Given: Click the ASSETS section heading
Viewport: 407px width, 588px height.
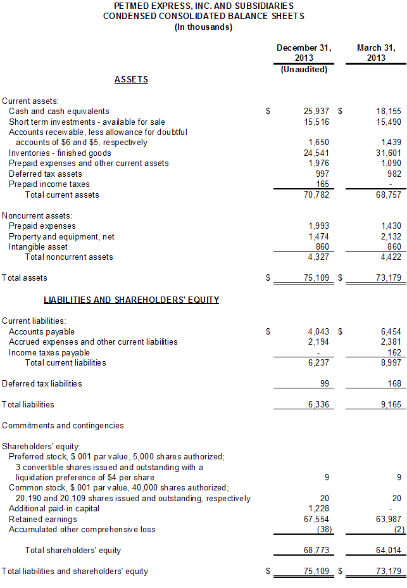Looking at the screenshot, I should [x=131, y=79].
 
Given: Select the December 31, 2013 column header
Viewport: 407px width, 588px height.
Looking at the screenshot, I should [x=304, y=53].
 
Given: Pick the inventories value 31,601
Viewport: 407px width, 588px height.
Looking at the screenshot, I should [x=389, y=153].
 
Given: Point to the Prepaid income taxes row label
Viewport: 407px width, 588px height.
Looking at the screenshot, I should [x=49, y=184].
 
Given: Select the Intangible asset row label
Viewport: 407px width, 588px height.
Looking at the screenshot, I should [x=38, y=246].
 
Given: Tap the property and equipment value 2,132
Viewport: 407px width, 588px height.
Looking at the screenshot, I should [x=391, y=236].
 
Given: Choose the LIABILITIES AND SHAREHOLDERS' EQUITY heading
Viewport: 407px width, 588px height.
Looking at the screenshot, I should [x=131, y=300].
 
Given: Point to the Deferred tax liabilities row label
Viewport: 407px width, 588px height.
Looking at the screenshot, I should [x=42, y=383].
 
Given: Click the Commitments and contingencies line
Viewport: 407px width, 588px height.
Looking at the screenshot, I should [x=63, y=425].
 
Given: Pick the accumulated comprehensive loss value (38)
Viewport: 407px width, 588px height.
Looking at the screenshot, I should [x=323, y=529].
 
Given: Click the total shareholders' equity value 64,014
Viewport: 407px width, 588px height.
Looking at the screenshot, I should [x=389, y=550].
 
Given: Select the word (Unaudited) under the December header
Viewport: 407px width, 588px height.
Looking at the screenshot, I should [x=304, y=69].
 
